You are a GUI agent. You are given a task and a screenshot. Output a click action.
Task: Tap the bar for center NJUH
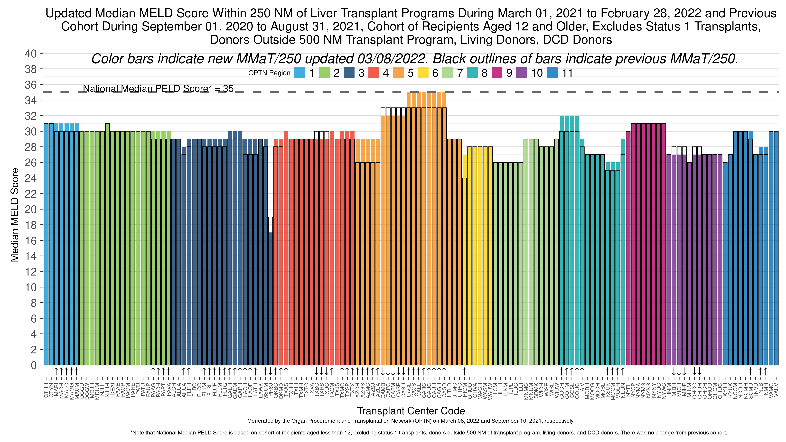(107, 244)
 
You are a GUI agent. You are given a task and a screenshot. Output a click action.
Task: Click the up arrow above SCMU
(750, 372)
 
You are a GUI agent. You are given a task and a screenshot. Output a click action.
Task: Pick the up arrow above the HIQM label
(464, 372)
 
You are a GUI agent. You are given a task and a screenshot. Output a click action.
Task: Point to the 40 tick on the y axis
(30, 54)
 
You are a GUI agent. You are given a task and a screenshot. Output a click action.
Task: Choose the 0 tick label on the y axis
(34, 365)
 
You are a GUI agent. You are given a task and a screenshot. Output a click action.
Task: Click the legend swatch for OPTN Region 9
(497, 73)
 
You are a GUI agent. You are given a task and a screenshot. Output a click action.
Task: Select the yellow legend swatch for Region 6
(423, 73)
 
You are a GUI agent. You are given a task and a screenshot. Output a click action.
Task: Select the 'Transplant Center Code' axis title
(411, 411)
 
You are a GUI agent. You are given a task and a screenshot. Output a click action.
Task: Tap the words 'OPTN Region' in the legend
(269, 73)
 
